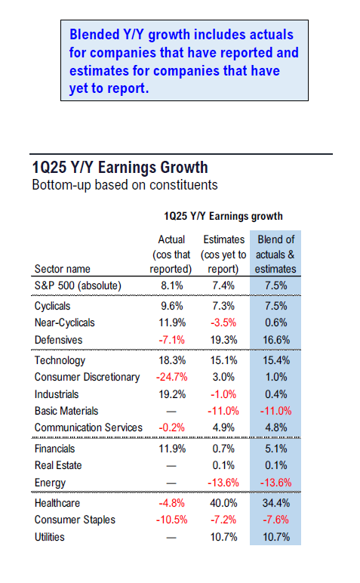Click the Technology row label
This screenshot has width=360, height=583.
60,360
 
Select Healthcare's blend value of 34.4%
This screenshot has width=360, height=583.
276,503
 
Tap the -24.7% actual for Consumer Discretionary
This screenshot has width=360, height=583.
171,377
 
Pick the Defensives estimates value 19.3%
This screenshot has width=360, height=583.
223,340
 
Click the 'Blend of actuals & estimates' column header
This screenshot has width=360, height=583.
275,254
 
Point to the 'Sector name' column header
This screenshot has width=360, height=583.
63,269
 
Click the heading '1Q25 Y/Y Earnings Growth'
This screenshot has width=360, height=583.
120,168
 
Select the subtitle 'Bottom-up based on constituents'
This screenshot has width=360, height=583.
125,185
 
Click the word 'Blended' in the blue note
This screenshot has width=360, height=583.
94,35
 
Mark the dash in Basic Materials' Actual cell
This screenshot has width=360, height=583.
171,412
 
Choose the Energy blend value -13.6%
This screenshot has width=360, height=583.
275,483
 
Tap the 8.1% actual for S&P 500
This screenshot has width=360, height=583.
171,285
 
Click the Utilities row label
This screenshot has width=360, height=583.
49,537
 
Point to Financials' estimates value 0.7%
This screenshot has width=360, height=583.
223,449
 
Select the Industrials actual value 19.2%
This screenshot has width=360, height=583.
172,394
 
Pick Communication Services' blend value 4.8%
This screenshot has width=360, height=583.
276,427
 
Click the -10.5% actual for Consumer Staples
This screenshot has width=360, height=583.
171,520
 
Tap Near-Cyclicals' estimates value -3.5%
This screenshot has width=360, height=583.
223,322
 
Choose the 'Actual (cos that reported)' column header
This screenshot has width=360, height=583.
171,254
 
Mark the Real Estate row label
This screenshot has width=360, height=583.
58,465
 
